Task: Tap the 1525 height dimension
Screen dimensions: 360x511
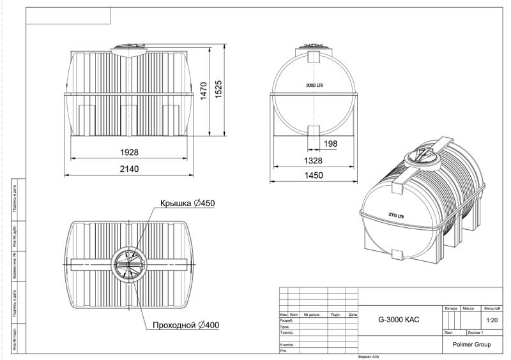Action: click(219, 89)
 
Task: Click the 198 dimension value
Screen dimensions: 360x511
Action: click(330, 144)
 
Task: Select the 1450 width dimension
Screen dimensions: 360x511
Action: click(313, 175)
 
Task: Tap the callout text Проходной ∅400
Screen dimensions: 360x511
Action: click(186, 325)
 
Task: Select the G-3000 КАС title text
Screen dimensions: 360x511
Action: click(399, 319)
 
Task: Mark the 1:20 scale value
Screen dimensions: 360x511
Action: click(492, 320)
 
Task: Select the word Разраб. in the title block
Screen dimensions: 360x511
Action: click(286, 320)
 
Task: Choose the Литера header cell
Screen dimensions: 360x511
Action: click(451, 308)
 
